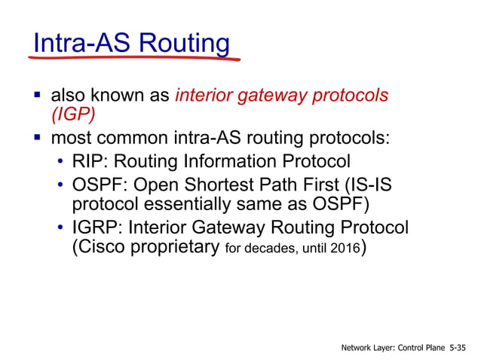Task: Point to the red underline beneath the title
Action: [136, 59]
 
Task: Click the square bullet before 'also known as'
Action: [35, 96]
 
